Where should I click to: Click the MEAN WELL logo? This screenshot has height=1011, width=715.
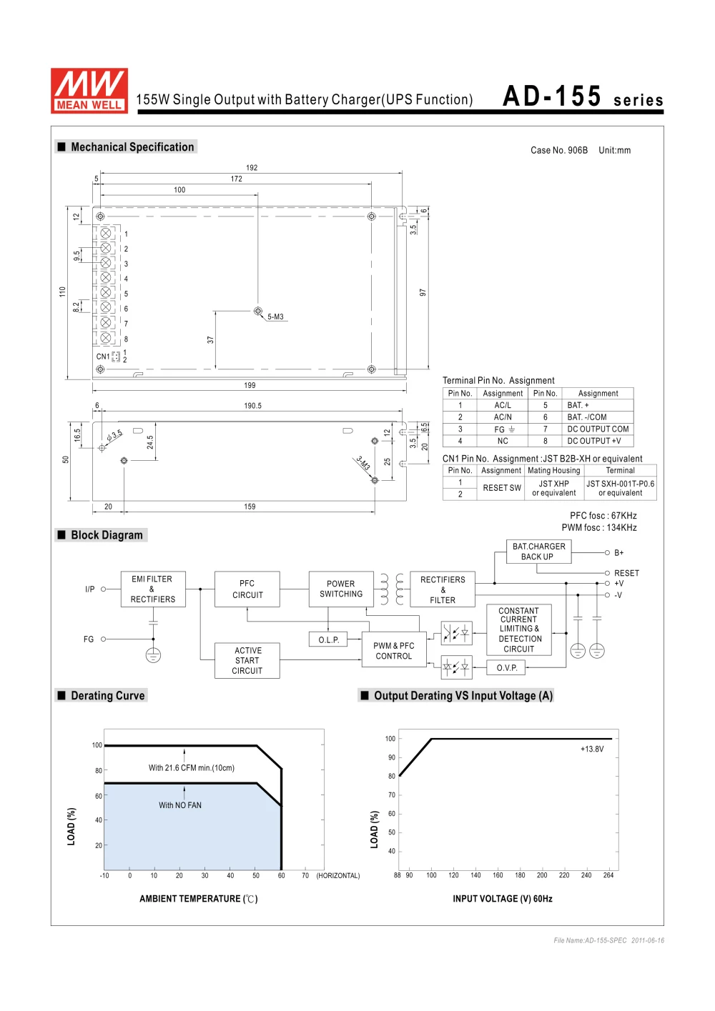tap(89, 91)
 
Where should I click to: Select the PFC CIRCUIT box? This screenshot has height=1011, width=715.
tap(247, 589)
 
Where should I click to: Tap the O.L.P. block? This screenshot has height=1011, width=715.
tap(329, 639)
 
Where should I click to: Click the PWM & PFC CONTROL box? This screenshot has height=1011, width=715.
tap(394, 650)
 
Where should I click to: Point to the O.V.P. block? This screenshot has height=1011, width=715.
tap(507, 668)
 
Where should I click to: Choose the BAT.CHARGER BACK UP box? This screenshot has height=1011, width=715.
tap(538, 552)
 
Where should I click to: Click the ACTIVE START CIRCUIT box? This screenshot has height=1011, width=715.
tap(247, 661)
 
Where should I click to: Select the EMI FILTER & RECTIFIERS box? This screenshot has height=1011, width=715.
tap(153, 589)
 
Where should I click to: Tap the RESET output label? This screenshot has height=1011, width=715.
tap(626, 573)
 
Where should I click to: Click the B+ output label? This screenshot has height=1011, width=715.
tap(619, 553)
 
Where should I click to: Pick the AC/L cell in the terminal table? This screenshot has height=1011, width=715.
tap(503, 405)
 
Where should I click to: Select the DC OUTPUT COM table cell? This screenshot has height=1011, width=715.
tap(598, 429)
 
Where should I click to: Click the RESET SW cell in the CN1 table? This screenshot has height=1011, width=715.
tap(502, 488)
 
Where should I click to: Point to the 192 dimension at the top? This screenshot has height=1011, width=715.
tap(252, 168)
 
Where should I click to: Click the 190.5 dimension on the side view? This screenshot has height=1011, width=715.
tap(253, 406)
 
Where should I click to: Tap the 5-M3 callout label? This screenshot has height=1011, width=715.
tap(275, 317)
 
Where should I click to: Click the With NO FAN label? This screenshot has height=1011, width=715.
tap(180, 805)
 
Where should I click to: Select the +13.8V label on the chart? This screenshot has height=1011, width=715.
tap(592, 749)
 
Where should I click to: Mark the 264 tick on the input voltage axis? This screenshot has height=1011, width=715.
tap(608, 875)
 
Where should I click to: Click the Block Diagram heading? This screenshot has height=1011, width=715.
tap(107, 535)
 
